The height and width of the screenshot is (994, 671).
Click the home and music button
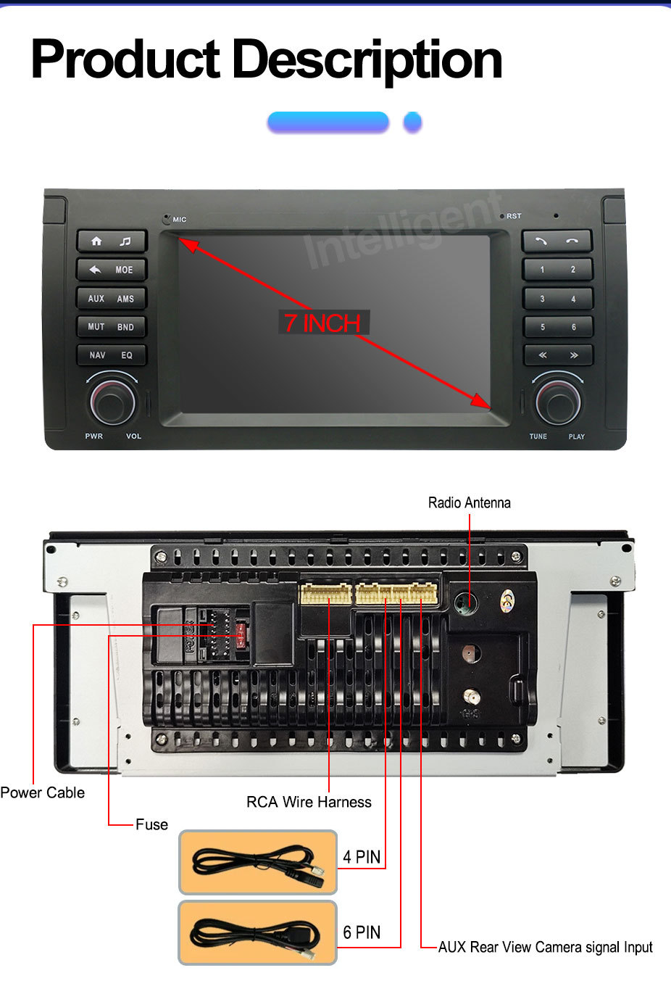[x=112, y=241]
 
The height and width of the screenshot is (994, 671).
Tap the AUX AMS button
[x=112, y=298]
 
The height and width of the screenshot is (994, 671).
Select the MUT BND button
[x=112, y=326]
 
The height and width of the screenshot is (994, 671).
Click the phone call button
[x=557, y=241]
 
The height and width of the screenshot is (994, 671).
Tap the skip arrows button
[x=557, y=355]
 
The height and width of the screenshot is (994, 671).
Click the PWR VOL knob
[x=112, y=400]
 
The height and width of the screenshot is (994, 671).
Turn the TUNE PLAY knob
[x=557, y=401]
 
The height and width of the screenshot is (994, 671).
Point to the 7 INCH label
[x=322, y=323]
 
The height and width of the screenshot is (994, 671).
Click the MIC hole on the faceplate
[x=167, y=218]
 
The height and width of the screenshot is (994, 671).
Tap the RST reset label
[x=513, y=216]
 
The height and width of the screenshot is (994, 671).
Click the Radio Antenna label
[x=469, y=502]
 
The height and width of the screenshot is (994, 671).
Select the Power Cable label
[x=42, y=792]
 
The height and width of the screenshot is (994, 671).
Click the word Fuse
[x=151, y=824]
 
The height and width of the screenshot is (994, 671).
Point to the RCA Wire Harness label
[x=309, y=802]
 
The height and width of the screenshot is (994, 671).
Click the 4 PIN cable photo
[x=258, y=862]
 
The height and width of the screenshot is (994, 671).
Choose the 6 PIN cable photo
[x=258, y=933]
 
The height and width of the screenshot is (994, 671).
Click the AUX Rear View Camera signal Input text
[x=545, y=947]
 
